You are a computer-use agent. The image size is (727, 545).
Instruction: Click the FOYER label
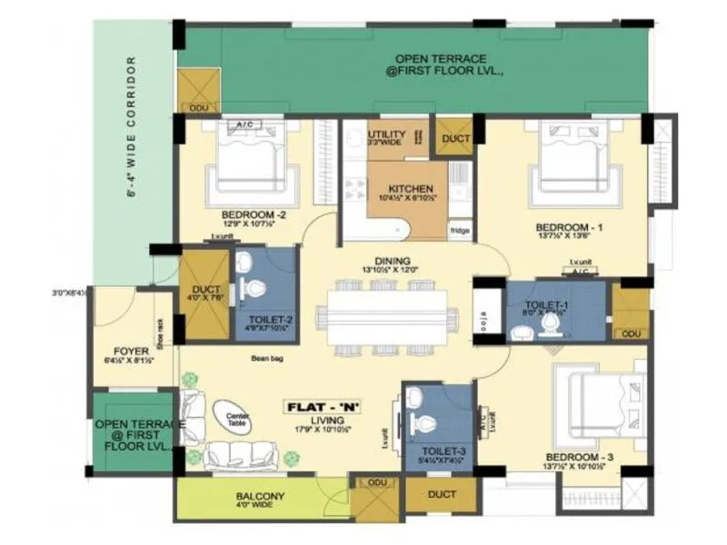point(133,349)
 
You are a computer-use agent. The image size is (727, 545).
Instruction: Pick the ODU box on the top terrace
point(197,108)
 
